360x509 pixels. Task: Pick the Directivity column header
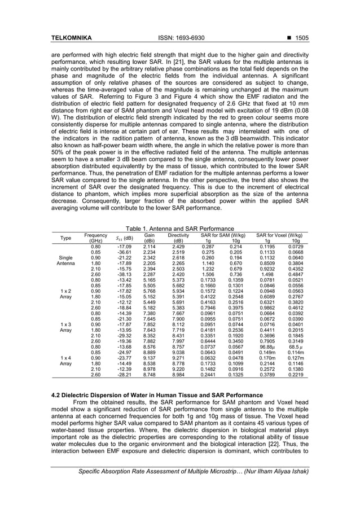(178, 237)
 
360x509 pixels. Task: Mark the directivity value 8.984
(178, 390)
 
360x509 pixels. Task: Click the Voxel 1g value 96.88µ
(267, 362)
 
